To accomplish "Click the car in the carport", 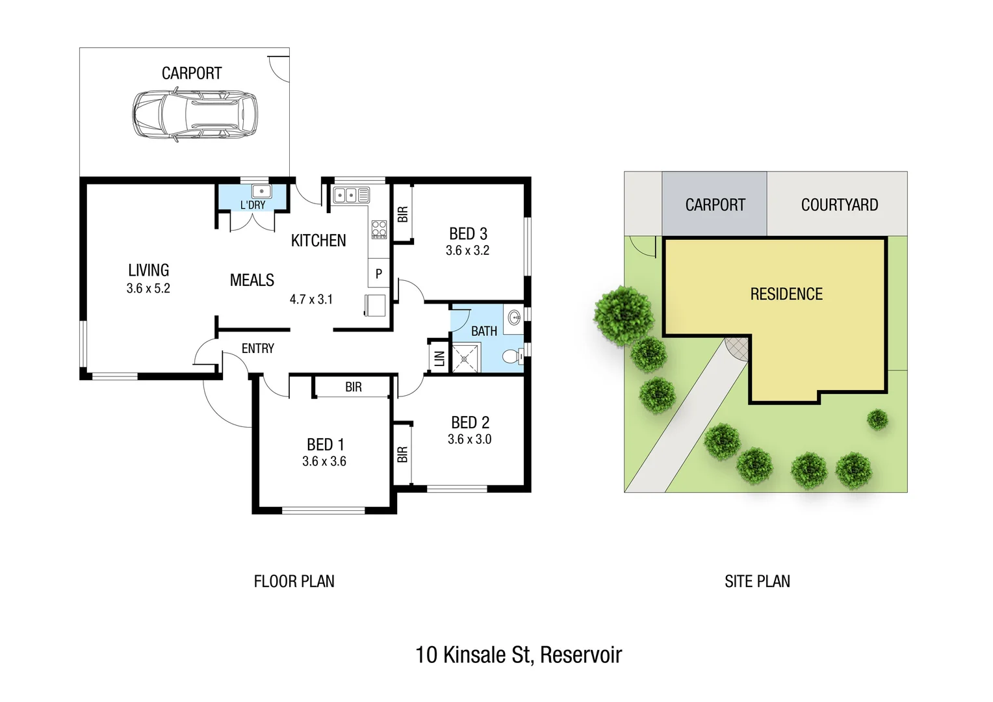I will (195, 115).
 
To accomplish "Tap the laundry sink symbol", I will (261, 192).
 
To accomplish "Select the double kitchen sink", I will (351, 195).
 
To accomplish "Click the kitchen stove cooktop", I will (379, 229).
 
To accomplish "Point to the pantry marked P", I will (378, 274).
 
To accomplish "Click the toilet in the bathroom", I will (512, 356).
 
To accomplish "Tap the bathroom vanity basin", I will (514, 318).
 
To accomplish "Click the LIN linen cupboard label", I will (439, 358).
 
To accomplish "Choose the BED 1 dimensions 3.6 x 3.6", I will (324, 461).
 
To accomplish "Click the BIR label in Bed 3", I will (403, 214).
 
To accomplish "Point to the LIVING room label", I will (148, 270).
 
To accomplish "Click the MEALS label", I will (251, 280).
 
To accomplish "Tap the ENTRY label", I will (257, 348).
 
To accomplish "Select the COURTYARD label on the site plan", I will (839, 205).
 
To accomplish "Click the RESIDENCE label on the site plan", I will (786, 294).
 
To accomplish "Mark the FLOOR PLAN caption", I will (294, 581).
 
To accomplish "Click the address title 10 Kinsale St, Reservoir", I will (518, 655).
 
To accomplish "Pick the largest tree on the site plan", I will (623, 315).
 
